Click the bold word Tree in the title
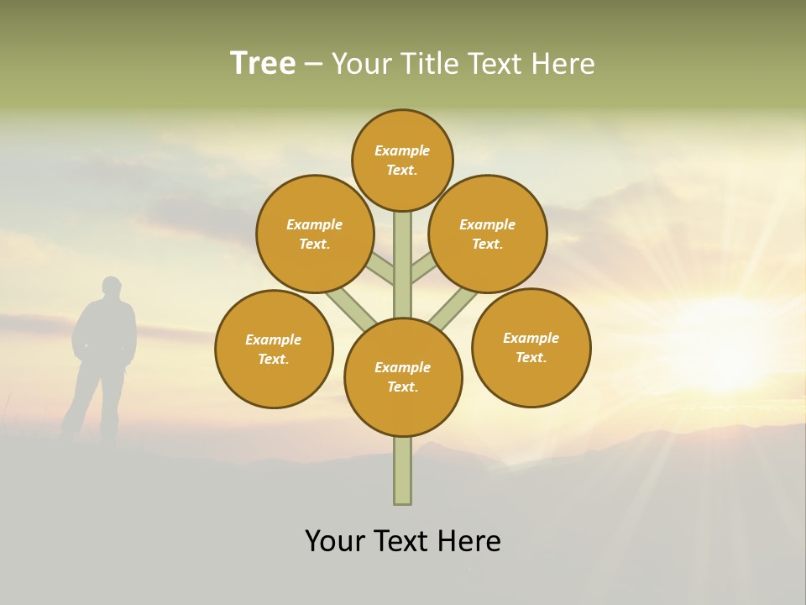tap(263, 63)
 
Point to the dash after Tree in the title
tap(314, 65)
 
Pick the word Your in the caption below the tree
tap(337, 541)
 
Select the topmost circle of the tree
tap(402, 160)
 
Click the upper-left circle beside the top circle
tap(315, 234)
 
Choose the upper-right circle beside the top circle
tap(488, 234)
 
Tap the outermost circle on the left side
tap(274, 349)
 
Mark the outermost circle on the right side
tap(531, 347)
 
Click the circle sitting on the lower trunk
tap(403, 377)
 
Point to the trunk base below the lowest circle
tap(403, 471)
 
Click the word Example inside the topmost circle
tap(402, 150)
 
